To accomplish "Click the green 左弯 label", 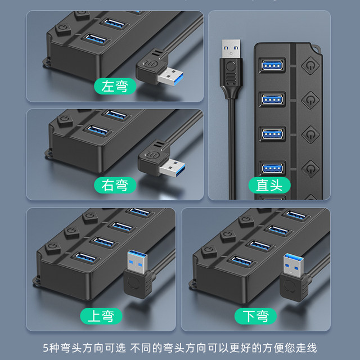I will point(115,87).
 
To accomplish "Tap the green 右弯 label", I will point(115,184).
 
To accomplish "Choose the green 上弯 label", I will point(99,316).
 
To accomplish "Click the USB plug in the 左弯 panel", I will point(161,70).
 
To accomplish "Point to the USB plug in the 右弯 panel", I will point(163,163).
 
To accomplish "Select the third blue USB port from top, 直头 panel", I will point(272,135).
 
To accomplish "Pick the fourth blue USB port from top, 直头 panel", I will point(272,168).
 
